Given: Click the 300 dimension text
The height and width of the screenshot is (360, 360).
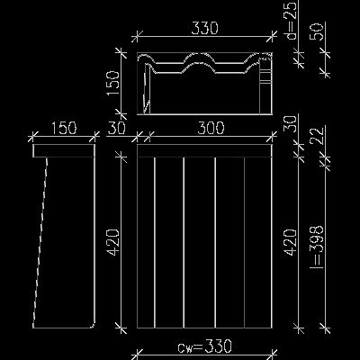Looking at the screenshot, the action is point(211,128).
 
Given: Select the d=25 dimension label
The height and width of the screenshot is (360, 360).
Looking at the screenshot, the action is point(292,20).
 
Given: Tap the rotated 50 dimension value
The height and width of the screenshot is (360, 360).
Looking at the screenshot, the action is point(318,31).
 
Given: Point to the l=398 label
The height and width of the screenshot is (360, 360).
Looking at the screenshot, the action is point(318,247).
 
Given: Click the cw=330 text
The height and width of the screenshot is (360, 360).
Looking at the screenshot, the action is point(204,346).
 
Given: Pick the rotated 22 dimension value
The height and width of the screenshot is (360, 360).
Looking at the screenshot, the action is point(318,136).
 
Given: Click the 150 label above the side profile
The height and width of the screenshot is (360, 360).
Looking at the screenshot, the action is point(64,128).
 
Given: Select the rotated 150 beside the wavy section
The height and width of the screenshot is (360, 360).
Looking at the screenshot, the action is point(113,84).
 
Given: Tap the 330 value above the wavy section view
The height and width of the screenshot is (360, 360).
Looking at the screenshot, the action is point(204,28).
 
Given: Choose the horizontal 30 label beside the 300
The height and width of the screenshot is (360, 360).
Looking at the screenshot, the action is point(116,128).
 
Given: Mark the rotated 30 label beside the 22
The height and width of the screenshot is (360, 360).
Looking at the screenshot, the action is point(292,124).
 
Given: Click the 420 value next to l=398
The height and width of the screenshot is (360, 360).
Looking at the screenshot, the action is point(292,242).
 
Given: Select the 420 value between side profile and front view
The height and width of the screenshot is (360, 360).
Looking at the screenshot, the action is point(114,242).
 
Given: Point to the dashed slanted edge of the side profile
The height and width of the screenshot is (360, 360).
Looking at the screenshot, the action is point(40,242).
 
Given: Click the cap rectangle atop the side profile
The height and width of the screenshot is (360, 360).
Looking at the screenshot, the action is point(64,150).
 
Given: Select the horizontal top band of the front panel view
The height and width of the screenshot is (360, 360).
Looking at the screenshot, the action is point(204,150).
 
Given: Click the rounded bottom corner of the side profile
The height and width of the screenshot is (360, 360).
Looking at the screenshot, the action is point(93,326).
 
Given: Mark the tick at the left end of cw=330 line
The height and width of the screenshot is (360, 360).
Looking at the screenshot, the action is point(136,353).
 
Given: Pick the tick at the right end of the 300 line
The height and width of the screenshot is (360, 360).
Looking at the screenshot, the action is point(273,138).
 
